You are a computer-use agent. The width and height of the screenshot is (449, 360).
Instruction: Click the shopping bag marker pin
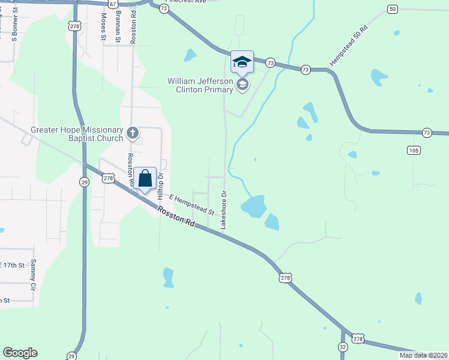(145, 179)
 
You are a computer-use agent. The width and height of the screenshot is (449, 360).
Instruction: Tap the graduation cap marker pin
(242, 62)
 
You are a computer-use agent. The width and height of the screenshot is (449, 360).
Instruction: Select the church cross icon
(133, 131)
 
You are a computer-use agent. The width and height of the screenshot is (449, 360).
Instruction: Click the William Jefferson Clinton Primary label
(200, 85)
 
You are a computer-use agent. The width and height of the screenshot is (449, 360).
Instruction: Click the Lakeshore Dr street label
(224, 211)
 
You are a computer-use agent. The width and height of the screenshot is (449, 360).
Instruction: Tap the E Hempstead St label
(192, 204)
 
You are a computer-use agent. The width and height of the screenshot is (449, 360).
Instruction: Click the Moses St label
(103, 26)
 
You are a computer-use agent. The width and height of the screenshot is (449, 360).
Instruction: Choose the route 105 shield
(413, 149)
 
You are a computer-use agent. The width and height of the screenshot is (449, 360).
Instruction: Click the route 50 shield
(393, 9)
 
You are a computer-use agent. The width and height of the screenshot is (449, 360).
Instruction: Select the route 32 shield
(342, 347)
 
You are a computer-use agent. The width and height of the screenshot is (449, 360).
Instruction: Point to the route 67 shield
(113, 4)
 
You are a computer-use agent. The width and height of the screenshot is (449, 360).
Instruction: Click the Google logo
(20, 353)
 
